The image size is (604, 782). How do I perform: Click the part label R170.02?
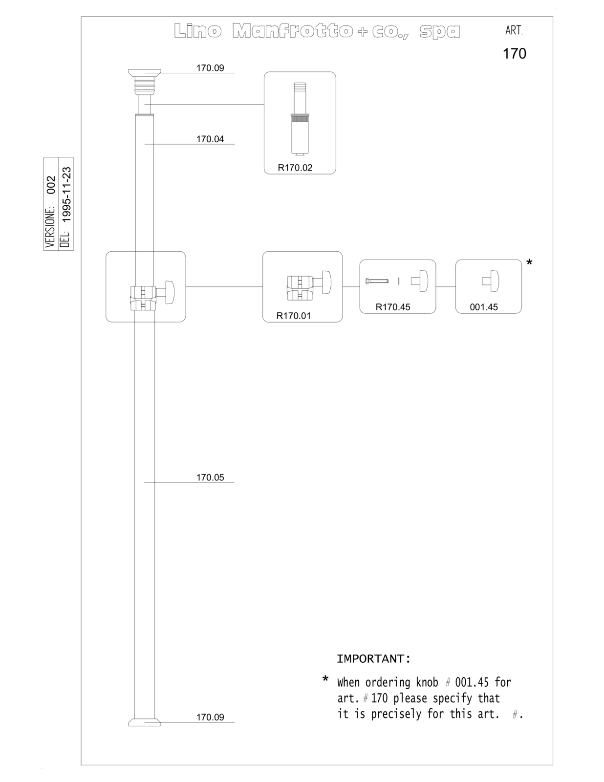click(295, 168)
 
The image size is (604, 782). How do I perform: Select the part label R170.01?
click(294, 316)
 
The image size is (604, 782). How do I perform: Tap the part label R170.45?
click(393, 307)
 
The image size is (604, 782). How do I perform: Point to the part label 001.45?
click(484, 307)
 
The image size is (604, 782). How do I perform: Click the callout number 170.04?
click(210, 139)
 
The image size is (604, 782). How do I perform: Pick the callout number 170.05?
click(210, 477)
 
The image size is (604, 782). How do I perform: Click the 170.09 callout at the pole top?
click(210, 68)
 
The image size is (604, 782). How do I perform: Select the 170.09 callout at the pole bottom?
click(210, 717)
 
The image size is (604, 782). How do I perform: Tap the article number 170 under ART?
click(515, 54)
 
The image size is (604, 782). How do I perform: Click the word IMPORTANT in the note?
click(371, 659)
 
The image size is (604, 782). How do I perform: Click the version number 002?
click(51, 185)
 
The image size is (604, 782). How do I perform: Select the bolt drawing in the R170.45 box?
click(377, 281)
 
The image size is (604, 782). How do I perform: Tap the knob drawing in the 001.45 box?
click(491, 281)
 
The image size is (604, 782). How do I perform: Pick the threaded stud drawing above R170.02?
click(300, 119)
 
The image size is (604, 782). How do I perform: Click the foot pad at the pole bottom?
click(145, 723)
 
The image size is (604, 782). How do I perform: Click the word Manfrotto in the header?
click(293, 31)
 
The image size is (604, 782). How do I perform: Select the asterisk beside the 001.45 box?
click(529, 263)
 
